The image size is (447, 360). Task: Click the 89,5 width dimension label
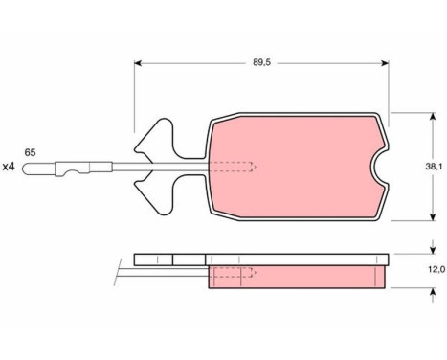pyautogui.click(x=261, y=62)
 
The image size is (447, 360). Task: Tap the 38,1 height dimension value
pyautogui.click(x=434, y=167)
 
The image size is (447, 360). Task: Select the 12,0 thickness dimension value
pyautogui.click(x=436, y=270)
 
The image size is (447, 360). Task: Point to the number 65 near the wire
pyautogui.click(x=30, y=152)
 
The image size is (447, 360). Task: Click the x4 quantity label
pyautogui.click(x=9, y=167)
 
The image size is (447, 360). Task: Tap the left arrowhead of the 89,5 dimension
pyautogui.click(x=138, y=63)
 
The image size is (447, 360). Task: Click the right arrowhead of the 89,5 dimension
pyautogui.click(x=385, y=63)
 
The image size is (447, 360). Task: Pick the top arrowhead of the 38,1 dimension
pyautogui.click(x=433, y=116)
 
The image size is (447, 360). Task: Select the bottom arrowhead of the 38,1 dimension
pyautogui.click(x=433, y=216)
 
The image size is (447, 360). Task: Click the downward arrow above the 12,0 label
pyautogui.click(x=433, y=247)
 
